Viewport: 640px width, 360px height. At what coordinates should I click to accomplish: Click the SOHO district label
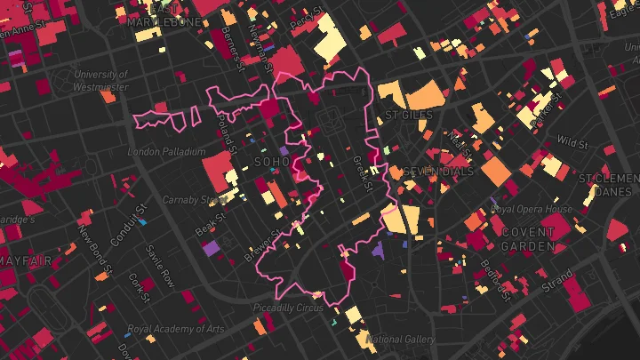pos(272,163)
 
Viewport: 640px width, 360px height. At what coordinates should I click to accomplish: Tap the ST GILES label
pos(408,116)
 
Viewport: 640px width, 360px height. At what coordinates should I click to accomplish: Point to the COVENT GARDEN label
pos(528,238)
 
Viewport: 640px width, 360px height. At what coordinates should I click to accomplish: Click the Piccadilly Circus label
pos(288,308)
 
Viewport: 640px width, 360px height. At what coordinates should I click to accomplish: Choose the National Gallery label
pos(401,340)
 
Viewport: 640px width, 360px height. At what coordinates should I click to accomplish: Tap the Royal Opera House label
pos(532,209)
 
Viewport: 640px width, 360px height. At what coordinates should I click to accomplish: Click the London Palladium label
pos(167,152)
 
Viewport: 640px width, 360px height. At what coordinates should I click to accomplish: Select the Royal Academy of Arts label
pos(175,329)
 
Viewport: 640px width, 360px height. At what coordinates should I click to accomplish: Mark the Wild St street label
pos(572,142)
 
